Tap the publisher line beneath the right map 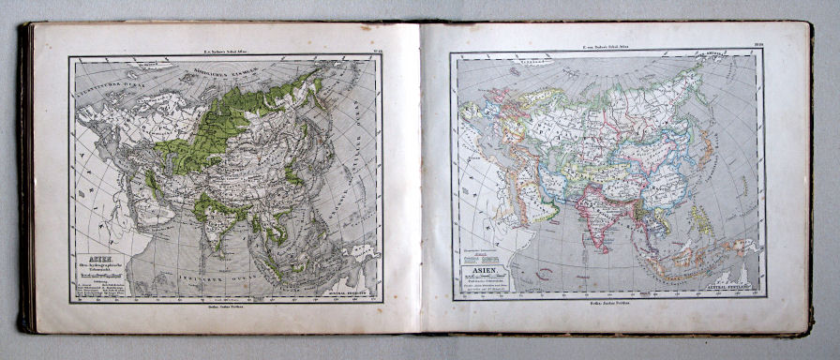point(606,306)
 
